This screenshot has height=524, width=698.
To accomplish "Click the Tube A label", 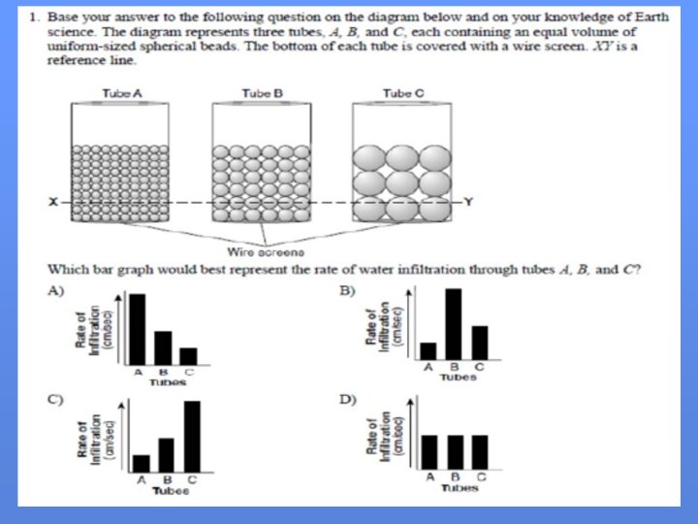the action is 122,93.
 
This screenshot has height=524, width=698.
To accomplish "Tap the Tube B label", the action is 262,93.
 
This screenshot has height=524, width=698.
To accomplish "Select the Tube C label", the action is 401,93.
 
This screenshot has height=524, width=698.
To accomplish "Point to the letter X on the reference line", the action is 55,202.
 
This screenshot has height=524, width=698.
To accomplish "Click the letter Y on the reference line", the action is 468,202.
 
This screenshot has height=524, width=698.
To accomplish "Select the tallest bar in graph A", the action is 138,327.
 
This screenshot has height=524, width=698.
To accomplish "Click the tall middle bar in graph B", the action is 453,324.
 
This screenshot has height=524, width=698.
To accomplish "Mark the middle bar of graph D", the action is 454,452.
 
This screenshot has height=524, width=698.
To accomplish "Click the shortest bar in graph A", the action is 188,354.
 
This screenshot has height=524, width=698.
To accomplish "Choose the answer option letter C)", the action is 55,399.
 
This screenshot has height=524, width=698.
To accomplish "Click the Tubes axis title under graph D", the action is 454,488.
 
